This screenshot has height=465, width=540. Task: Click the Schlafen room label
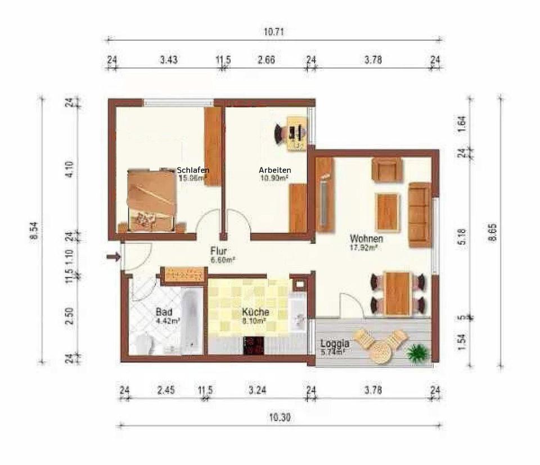pyautogui.click(x=193, y=170)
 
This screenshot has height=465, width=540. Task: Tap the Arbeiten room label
pyautogui.click(x=274, y=170)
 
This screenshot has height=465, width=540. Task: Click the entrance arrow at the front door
pyautogui.click(x=113, y=258)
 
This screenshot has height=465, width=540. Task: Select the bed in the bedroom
pyautogui.click(x=151, y=200)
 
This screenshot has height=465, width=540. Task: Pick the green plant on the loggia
pyautogui.click(x=417, y=354)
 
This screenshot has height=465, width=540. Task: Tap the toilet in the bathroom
pyautogui.click(x=144, y=343)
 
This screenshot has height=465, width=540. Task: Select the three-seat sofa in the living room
pyautogui.click(x=419, y=215)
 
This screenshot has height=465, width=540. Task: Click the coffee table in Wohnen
pyautogui.click(x=388, y=212)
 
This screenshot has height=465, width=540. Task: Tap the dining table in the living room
pyautogui.click(x=397, y=293)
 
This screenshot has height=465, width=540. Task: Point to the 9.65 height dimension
pyautogui.click(x=493, y=232)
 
